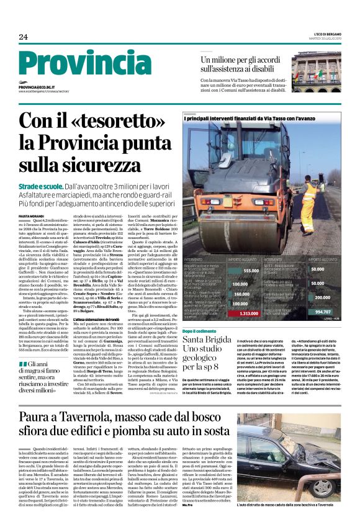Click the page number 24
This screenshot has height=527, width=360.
24,37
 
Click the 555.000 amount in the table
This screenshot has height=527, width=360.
251,270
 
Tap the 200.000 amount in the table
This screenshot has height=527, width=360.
322,297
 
